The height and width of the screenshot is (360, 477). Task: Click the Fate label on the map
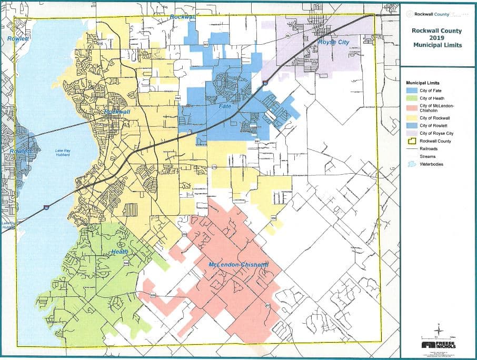click(225, 107)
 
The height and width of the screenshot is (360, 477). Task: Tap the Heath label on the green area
click(120, 252)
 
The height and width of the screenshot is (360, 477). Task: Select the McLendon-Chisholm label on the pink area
click(238, 264)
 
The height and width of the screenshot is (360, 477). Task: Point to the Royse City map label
click(334, 42)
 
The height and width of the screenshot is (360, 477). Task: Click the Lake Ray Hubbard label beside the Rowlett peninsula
click(66, 153)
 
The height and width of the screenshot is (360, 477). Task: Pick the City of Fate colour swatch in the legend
click(412, 91)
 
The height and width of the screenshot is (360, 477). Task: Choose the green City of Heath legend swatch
click(412, 98)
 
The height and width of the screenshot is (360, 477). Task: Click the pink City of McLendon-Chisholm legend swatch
click(412, 106)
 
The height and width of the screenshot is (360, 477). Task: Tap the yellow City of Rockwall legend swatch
click(412, 119)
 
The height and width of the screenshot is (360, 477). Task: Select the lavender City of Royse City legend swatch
click(412, 134)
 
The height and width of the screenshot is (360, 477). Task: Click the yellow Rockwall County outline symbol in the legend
click(412, 141)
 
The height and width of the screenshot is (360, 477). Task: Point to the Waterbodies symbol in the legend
click(412, 164)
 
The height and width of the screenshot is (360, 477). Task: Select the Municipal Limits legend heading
click(422, 83)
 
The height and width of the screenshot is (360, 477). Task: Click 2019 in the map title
click(438, 37)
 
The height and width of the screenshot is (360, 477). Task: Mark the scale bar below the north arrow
click(437, 337)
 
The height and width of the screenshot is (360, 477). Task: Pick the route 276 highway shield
click(214, 167)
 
